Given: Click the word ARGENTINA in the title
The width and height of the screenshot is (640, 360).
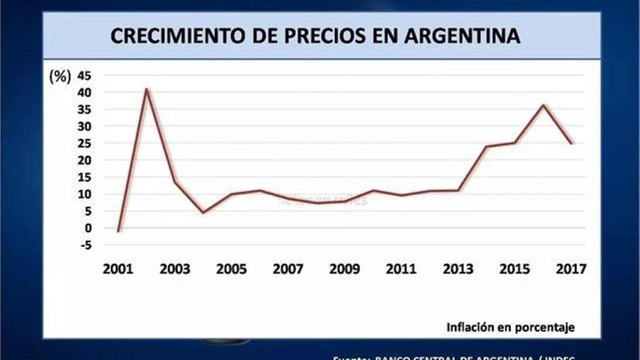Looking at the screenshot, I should (x=462, y=36).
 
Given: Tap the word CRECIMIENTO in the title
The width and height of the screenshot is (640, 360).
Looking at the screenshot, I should (x=178, y=36).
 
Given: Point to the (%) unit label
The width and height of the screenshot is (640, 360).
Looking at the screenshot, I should (x=60, y=76).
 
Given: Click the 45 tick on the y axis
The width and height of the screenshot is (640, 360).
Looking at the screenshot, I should (x=84, y=75).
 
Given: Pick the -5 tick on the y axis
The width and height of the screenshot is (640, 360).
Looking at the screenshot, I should (x=86, y=245).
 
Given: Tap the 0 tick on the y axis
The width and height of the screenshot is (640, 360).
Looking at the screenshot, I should (x=88, y=228).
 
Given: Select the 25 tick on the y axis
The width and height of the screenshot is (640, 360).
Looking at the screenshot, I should (x=84, y=143).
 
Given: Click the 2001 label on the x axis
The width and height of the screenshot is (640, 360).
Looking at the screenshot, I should (x=118, y=269).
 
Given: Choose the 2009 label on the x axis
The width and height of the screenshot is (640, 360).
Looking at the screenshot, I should (x=344, y=269).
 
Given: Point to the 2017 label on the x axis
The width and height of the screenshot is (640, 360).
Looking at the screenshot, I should (x=571, y=269).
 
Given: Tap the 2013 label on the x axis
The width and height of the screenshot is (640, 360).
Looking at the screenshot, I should (x=458, y=269).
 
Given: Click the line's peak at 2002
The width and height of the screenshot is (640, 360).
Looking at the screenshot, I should (x=146, y=89).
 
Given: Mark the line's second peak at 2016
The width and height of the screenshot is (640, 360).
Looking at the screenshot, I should (x=543, y=105).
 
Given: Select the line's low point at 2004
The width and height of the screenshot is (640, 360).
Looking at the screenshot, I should (x=203, y=212).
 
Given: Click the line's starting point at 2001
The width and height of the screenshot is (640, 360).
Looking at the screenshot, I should (x=118, y=231).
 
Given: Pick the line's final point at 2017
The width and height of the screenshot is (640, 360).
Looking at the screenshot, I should (x=571, y=143).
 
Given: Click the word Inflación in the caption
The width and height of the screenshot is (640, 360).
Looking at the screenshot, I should (x=470, y=327).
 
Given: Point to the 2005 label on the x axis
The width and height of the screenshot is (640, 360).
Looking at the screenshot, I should (x=231, y=269).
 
